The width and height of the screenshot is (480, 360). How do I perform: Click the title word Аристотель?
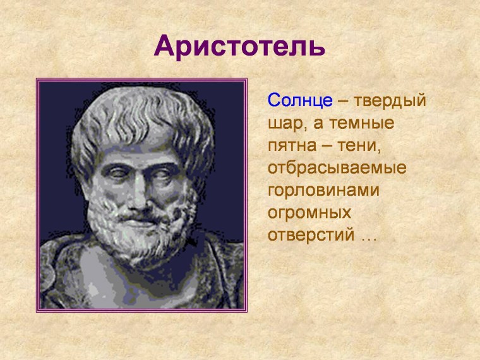point(239,47)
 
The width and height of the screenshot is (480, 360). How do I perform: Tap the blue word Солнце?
point(300,100)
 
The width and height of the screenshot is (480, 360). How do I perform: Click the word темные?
point(358,123)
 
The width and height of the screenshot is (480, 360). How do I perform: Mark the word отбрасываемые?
point(337,169)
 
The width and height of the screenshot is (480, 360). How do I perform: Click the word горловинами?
point(323,191)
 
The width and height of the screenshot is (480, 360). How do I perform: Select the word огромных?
point(309,213)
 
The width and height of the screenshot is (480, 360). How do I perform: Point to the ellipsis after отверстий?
point(368,239)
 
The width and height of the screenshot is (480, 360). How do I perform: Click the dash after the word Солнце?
point(342,101)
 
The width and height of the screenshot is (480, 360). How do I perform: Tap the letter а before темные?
point(313,124)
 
